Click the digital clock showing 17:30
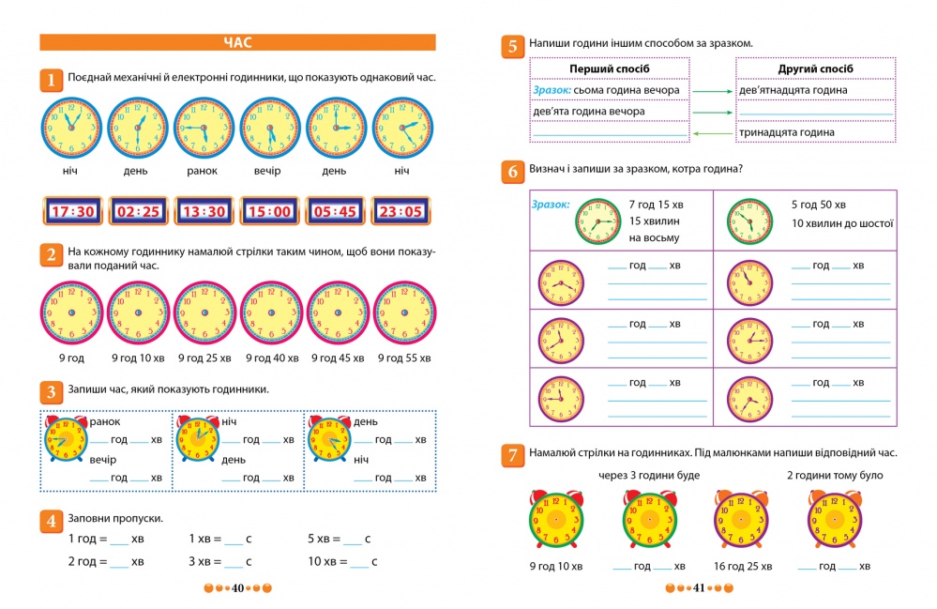72,211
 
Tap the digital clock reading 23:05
400,211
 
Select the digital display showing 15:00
269,211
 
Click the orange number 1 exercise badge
51,80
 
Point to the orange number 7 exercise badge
512,456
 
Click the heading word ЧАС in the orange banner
238,42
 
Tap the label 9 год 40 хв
272,358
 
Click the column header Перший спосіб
610,69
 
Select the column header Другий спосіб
815,69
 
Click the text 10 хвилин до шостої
841,223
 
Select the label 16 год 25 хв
741,566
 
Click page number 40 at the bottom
238,588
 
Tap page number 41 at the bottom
698,588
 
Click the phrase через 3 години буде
648,476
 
